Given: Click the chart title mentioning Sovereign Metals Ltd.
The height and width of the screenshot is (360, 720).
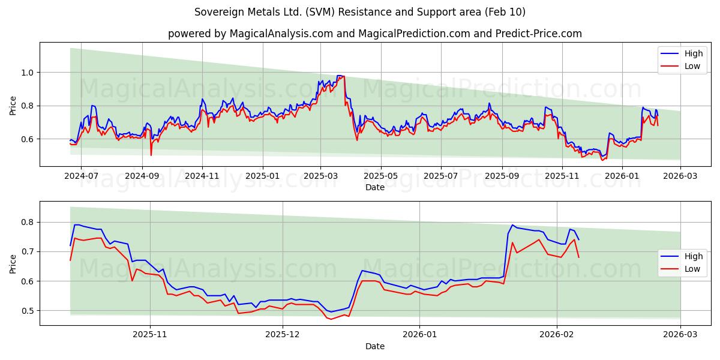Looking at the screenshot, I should click(x=360, y=12).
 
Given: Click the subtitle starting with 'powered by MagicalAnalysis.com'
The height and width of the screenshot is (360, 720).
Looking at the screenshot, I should click(x=374, y=34).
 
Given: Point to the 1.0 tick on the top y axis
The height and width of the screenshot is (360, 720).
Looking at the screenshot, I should click(x=28, y=73).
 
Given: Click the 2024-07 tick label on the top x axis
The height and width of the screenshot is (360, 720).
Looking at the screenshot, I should click(x=81, y=177).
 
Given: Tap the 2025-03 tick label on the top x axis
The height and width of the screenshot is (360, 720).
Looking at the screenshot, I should click(x=320, y=177).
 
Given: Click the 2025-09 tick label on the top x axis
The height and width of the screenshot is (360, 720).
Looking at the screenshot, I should click(x=502, y=177).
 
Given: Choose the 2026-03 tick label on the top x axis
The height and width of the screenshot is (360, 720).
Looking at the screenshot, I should click(x=680, y=177).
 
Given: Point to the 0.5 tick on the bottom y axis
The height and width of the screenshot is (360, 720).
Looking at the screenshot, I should click(x=28, y=311).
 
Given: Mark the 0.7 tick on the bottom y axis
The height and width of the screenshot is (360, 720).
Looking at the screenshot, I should click(x=28, y=251).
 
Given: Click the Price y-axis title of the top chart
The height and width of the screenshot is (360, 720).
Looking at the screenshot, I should click(x=13, y=106).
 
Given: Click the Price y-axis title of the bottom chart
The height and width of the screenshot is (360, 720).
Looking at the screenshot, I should click(x=13, y=264).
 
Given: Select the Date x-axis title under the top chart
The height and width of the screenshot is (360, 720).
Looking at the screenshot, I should click(x=374, y=187).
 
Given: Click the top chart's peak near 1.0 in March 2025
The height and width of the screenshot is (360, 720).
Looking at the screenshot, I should click(x=340, y=76).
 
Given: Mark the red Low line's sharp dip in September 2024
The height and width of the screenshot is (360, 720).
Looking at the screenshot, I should click(x=151, y=155).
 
